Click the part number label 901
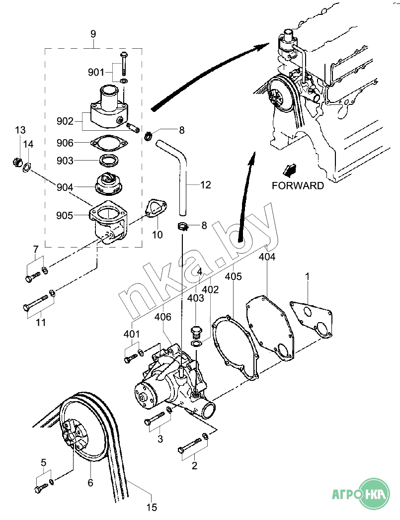coord(96,73)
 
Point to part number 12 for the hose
coord(205,185)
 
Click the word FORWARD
coord(298,186)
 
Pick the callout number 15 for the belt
coord(152,507)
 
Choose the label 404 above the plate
coord(267,257)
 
